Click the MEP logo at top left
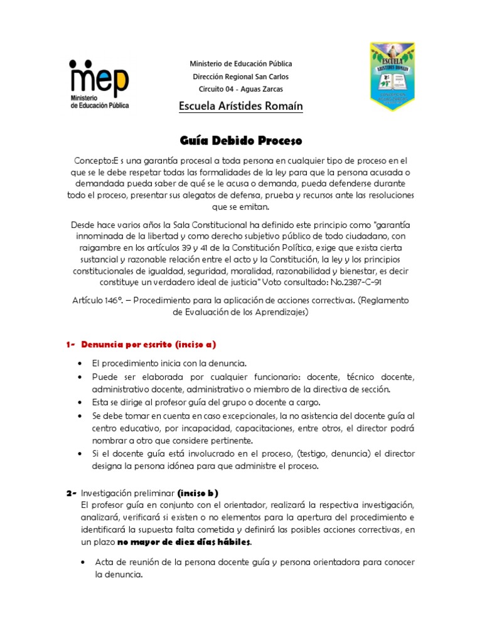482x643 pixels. (x=99, y=84)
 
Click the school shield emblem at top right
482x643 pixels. (x=392, y=77)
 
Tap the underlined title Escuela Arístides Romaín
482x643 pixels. (x=241, y=107)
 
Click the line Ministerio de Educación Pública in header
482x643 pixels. (x=241, y=64)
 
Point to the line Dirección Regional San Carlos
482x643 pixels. (x=241, y=77)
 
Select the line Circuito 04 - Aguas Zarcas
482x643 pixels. (x=241, y=89)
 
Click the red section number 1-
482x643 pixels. (x=71, y=345)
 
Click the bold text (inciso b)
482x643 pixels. (x=198, y=492)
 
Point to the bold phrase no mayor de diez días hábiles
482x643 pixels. (x=185, y=542)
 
